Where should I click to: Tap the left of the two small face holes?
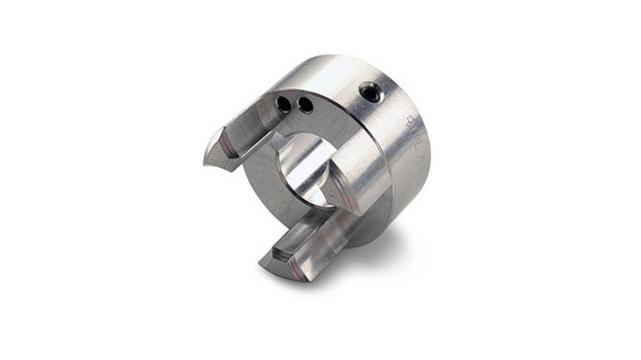(x=283, y=105)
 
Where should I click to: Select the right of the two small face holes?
(x=306, y=106)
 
